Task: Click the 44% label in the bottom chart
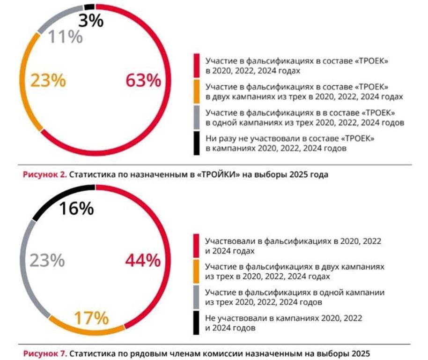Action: point(143,260)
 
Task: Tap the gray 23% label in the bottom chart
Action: point(47,260)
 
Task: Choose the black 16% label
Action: point(77,209)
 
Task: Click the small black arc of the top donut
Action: point(89,7)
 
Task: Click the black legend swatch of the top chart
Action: point(197,143)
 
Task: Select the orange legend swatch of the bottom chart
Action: point(197,271)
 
